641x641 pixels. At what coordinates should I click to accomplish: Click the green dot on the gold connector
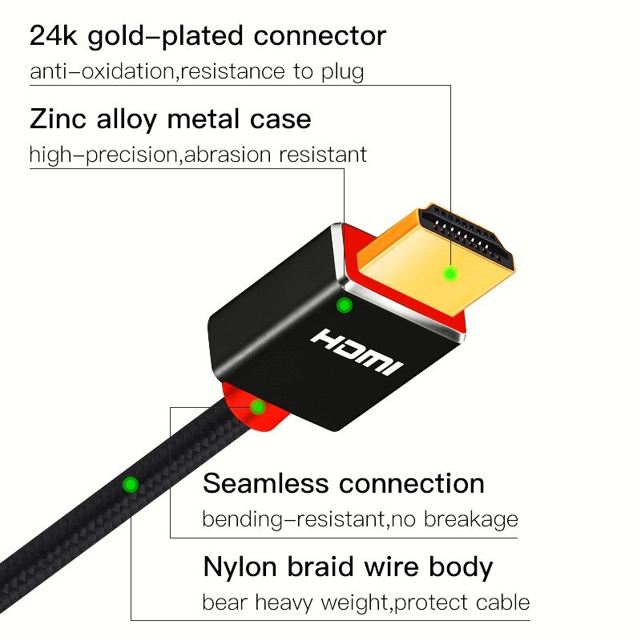(x=450, y=274)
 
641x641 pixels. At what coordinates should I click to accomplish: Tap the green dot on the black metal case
(x=345, y=305)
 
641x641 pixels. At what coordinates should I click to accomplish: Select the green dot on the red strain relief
(x=257, y=407)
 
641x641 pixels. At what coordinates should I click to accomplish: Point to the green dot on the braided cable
(x=129, y=484)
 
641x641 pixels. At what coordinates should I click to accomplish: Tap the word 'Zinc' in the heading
(x=57, y=119)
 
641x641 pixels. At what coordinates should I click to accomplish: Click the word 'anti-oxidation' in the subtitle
(x=103, y=71)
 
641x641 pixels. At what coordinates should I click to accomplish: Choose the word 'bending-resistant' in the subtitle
(x=294, y=519)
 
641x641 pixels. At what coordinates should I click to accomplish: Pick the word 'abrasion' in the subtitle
(x=228, y=155)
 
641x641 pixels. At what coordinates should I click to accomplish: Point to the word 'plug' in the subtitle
(x=342, y=71)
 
